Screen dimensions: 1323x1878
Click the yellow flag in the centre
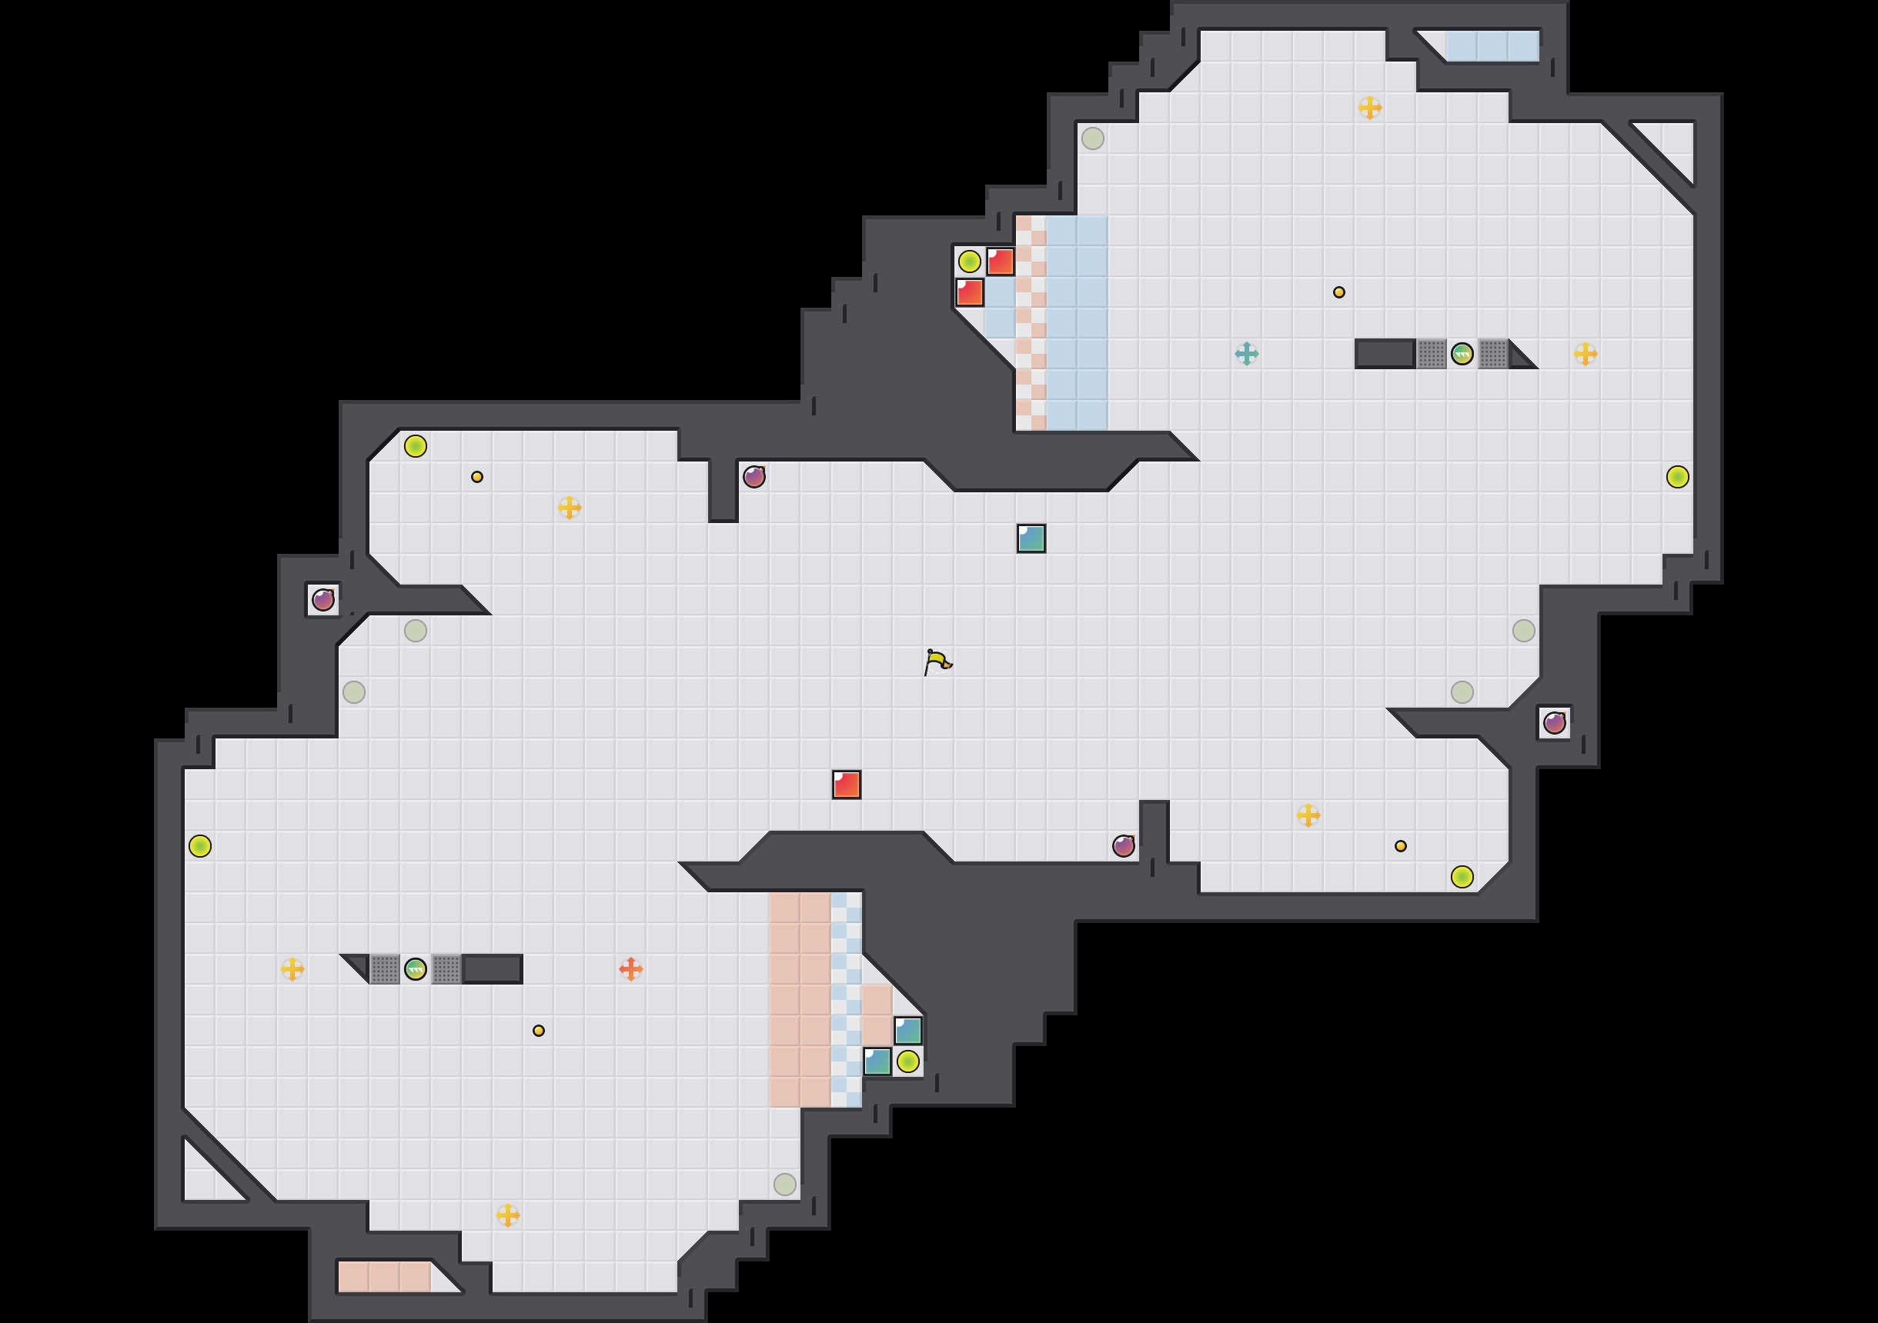point(937,661)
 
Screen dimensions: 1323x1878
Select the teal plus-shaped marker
point(1247,353)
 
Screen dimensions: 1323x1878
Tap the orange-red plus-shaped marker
point(630,969)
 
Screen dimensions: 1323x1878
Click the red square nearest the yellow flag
point(847,784)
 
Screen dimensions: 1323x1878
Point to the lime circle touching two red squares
point(969,262)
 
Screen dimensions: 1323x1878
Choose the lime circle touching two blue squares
point(908,1061)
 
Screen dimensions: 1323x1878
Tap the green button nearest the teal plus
point(1462,353)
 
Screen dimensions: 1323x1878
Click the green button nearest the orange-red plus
point(416,969)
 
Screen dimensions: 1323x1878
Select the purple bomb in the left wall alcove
point(323,600)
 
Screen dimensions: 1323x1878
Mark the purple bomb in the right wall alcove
point(1554,723)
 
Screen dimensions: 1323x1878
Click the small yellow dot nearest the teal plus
point(1339,292)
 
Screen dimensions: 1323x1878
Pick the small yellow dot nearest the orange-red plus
point(538,1030)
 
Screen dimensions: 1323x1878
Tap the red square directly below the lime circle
point(970,293)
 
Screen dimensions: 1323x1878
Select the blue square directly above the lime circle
point(908,1031)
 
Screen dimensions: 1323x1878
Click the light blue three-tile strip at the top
point(1492,46)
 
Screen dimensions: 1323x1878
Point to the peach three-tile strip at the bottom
point(384,1276)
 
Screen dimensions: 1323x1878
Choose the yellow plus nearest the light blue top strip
point(1370,107)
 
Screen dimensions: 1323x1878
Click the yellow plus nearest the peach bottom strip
point(507,1215)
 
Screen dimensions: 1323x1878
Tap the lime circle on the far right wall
point(1678,477)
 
